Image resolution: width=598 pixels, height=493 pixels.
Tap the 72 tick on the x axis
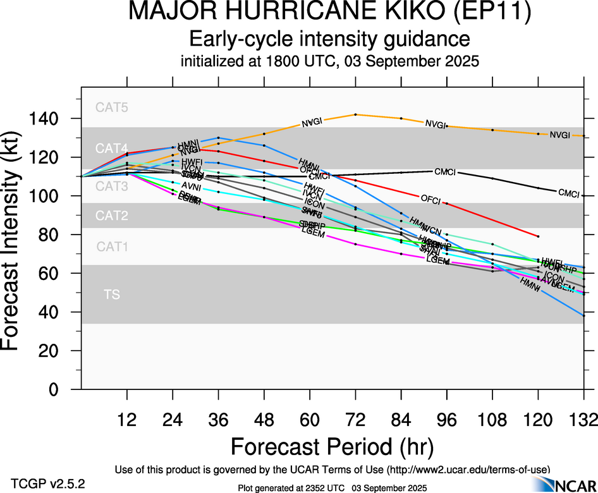tap(355, 418)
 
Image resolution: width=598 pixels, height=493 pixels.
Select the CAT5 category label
tap(112, 107)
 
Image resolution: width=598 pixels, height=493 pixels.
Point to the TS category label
tap(112, 294)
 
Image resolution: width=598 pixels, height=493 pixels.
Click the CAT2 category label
tap(112, 216)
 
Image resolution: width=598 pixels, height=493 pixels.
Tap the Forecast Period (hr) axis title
tap(332, 447)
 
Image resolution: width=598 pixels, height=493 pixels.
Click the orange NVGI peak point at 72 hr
tap(356, 114)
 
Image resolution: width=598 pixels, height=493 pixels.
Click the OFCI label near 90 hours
tap(430, 198)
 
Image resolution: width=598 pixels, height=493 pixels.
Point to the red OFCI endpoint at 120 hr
tap(538, 236)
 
